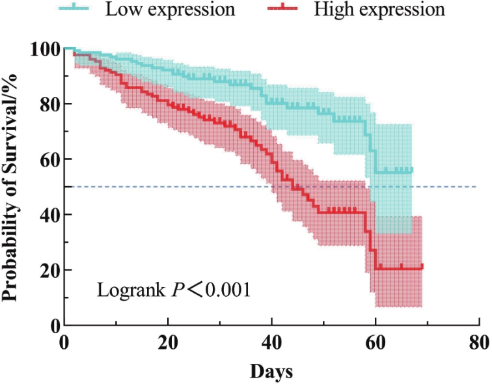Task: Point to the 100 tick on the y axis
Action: pos(44,49)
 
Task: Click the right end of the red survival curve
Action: pos(422,266)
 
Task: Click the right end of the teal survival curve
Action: pos(412,170)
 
